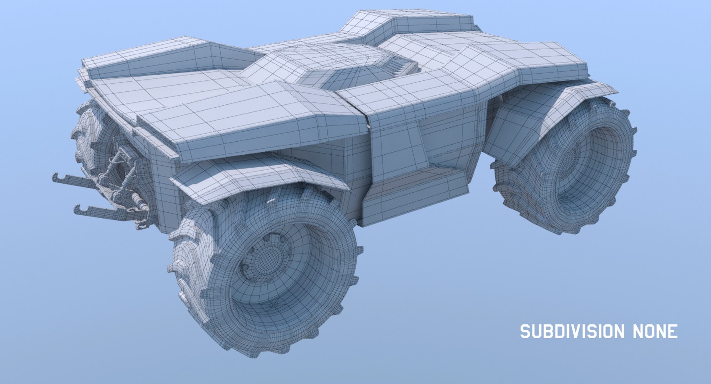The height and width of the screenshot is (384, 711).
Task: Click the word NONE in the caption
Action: coord(655,331)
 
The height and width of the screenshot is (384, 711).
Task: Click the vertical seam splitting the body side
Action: coord(368,155)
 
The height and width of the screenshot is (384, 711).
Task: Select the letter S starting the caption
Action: coord(525,331)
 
